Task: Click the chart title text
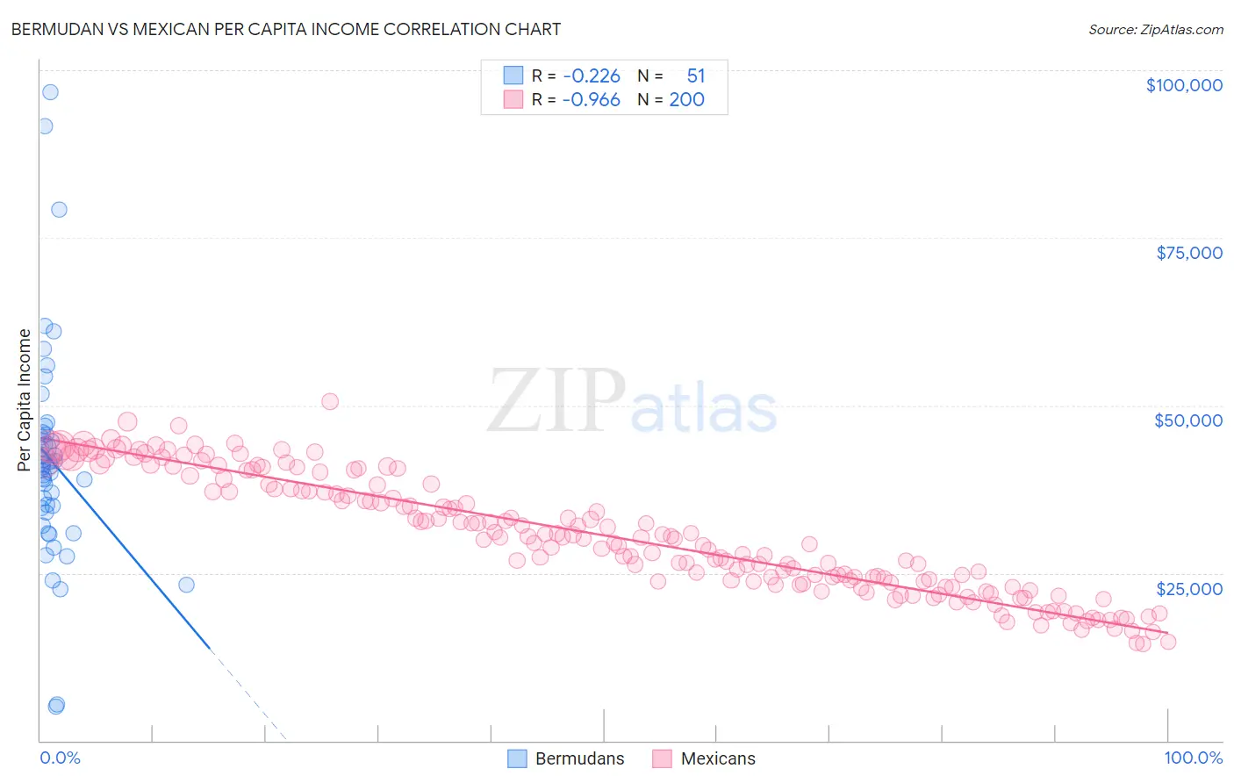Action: (x=285, y=29)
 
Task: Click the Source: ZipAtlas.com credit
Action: (x=1155, y=29)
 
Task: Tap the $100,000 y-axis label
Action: (x=1183, y=85)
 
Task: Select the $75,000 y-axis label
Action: (x=1188, y=253)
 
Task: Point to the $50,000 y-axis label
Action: (x=1187, y=420)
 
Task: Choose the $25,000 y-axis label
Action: (x=1188, y=588)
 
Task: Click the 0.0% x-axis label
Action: (x=60, y=758)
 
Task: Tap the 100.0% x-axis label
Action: (x=1193, y=758)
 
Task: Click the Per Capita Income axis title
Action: (x=25, y=399)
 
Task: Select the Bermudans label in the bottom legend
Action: (x=579, y=758)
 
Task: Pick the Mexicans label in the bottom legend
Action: (x=717, y=758)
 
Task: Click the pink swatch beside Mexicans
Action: (x=662, y=758)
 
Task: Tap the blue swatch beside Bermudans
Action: (x=517, y=758)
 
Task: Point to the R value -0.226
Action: (x=592, y=76)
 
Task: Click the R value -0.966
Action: (x=592, y=100)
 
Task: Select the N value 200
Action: (x=686, y=100)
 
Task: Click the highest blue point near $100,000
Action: (x=50, y=92)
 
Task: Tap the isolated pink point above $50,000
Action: (x=330, y=401)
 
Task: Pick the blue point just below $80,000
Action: (x=59, y=209)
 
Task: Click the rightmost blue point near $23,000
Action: (x=186, y=585)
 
